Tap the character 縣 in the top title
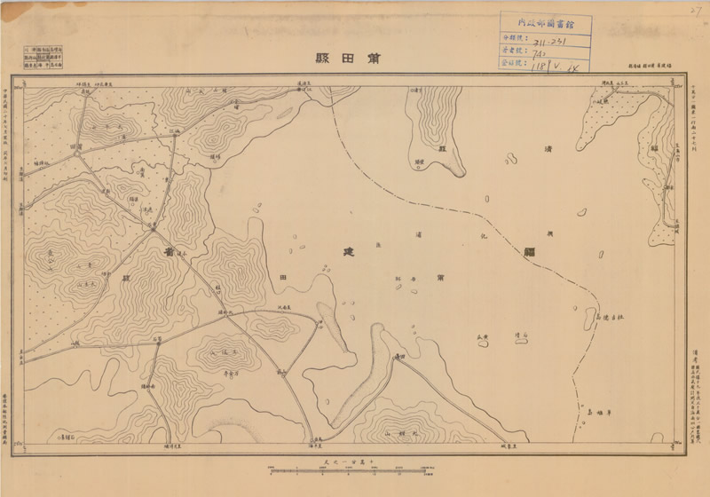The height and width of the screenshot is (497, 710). point(321,59)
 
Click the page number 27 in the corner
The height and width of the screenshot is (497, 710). point(693,11)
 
